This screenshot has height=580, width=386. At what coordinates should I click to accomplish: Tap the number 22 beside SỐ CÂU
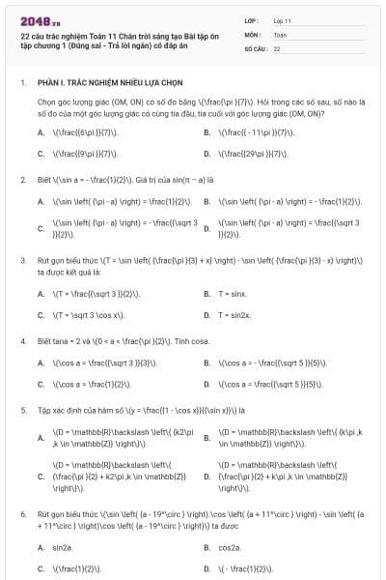click(278, 47)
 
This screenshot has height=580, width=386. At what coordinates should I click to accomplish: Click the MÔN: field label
click(253, 34)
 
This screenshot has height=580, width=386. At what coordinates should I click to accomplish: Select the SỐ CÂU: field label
click(256, 47)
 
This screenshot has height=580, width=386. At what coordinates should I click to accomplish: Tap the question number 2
click(22, 180)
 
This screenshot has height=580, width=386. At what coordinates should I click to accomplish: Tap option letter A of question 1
click(41, 130)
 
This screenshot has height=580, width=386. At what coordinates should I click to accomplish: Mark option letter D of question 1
click(207, 153)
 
